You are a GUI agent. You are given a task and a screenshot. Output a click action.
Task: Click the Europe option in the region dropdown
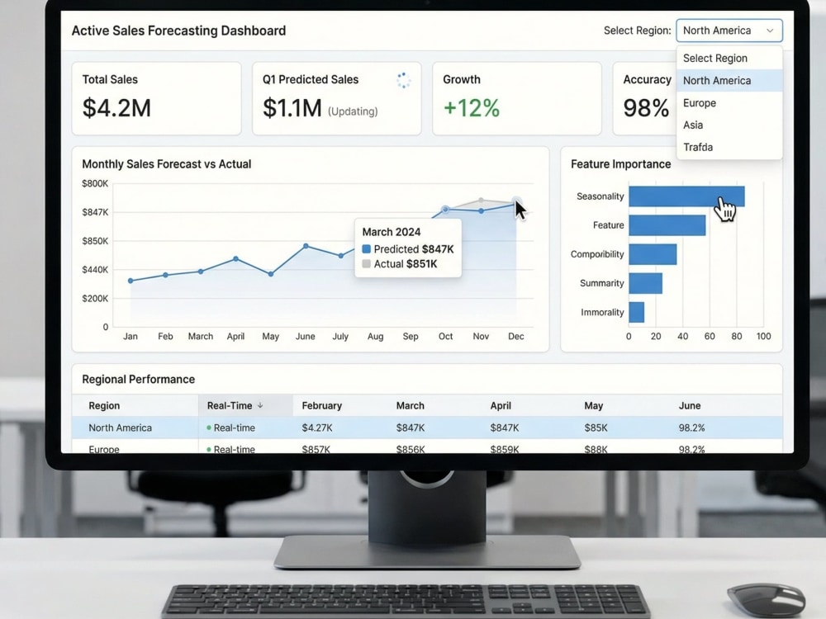(x=699, y=103)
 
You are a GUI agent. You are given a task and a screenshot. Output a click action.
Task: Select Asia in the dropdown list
(x=693, y=125)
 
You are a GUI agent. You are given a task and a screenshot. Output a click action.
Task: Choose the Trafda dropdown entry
(x=698, y=148)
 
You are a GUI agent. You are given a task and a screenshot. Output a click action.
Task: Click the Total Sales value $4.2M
(x=116, y=108)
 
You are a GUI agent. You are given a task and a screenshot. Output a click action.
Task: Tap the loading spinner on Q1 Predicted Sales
(x=404, y=80)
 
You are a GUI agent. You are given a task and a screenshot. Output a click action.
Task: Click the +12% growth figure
(x=472, y=108)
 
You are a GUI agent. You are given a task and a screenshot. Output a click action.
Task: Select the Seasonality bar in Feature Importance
(x=686, y=196)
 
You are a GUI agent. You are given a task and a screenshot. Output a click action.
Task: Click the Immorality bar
(x=636, y=312)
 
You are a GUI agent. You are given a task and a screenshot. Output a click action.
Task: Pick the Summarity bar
(x=645, y=283)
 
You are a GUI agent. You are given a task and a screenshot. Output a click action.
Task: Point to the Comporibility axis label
(x=597, y=254)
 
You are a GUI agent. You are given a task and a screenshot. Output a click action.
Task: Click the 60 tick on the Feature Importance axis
(x=710, y=337)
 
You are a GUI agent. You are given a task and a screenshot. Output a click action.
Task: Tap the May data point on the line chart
(x=271, y=274)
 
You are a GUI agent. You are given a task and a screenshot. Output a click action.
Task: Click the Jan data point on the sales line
(x=131, y=281)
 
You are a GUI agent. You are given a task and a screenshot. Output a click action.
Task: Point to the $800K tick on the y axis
(x=95, y=184)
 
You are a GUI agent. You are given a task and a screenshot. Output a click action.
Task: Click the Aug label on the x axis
(x=375, y=337)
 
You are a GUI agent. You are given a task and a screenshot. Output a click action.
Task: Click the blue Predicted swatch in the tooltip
(x=366, y=249)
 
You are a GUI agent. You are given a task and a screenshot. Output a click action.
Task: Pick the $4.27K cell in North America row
(x=317, y=428)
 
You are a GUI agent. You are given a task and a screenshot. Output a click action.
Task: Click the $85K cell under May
(x=596, y=428)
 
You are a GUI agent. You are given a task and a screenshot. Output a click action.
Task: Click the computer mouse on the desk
(x=766, y=601)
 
